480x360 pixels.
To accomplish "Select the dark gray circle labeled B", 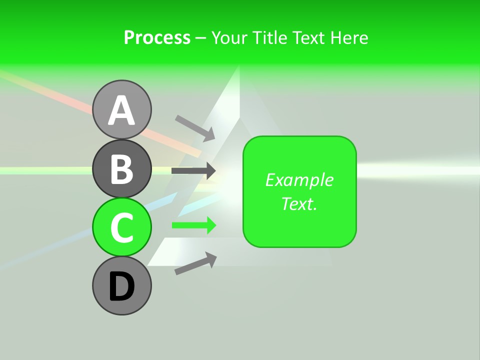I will [x=121, y=168].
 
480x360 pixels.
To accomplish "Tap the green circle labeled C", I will [x=121, y=227].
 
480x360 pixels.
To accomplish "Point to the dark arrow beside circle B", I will [x=193, y=170].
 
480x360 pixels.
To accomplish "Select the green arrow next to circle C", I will [x=193, y=225].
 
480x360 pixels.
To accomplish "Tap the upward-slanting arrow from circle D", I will [x=195, y=263].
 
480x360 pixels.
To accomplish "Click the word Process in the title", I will [x=157, y=37].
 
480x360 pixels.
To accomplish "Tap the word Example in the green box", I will [x=299, y=180].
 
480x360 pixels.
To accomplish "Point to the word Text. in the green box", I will [x=299, y=203].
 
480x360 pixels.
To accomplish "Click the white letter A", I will [x=121, y=111].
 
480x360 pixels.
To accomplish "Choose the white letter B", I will [x=121, y=169].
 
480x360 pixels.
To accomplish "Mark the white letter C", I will [x=121, y=227].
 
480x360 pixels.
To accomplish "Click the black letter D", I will [x=121, y=286].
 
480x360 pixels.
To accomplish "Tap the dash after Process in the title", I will [x=200, y=38].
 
